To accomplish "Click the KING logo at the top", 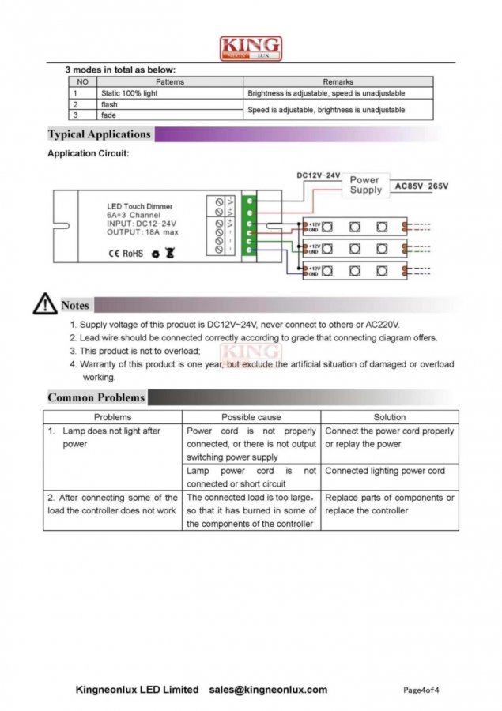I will (251, 48).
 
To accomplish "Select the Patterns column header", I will (170, 81).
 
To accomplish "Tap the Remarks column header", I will (338, 81).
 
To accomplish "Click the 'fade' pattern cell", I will (108, 115).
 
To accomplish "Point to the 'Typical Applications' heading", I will (100, 134).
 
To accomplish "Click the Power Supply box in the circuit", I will (365, 185).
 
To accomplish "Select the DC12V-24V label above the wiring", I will (319, 175).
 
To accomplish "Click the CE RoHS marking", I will (125, 254).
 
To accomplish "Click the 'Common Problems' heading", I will (96, 397).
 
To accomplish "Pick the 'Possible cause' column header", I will (251, 416).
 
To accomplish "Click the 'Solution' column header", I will (389, 416).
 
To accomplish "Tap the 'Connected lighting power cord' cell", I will (385, 471).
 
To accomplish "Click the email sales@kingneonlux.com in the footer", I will (268, 690).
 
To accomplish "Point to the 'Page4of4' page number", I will (421, 690).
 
